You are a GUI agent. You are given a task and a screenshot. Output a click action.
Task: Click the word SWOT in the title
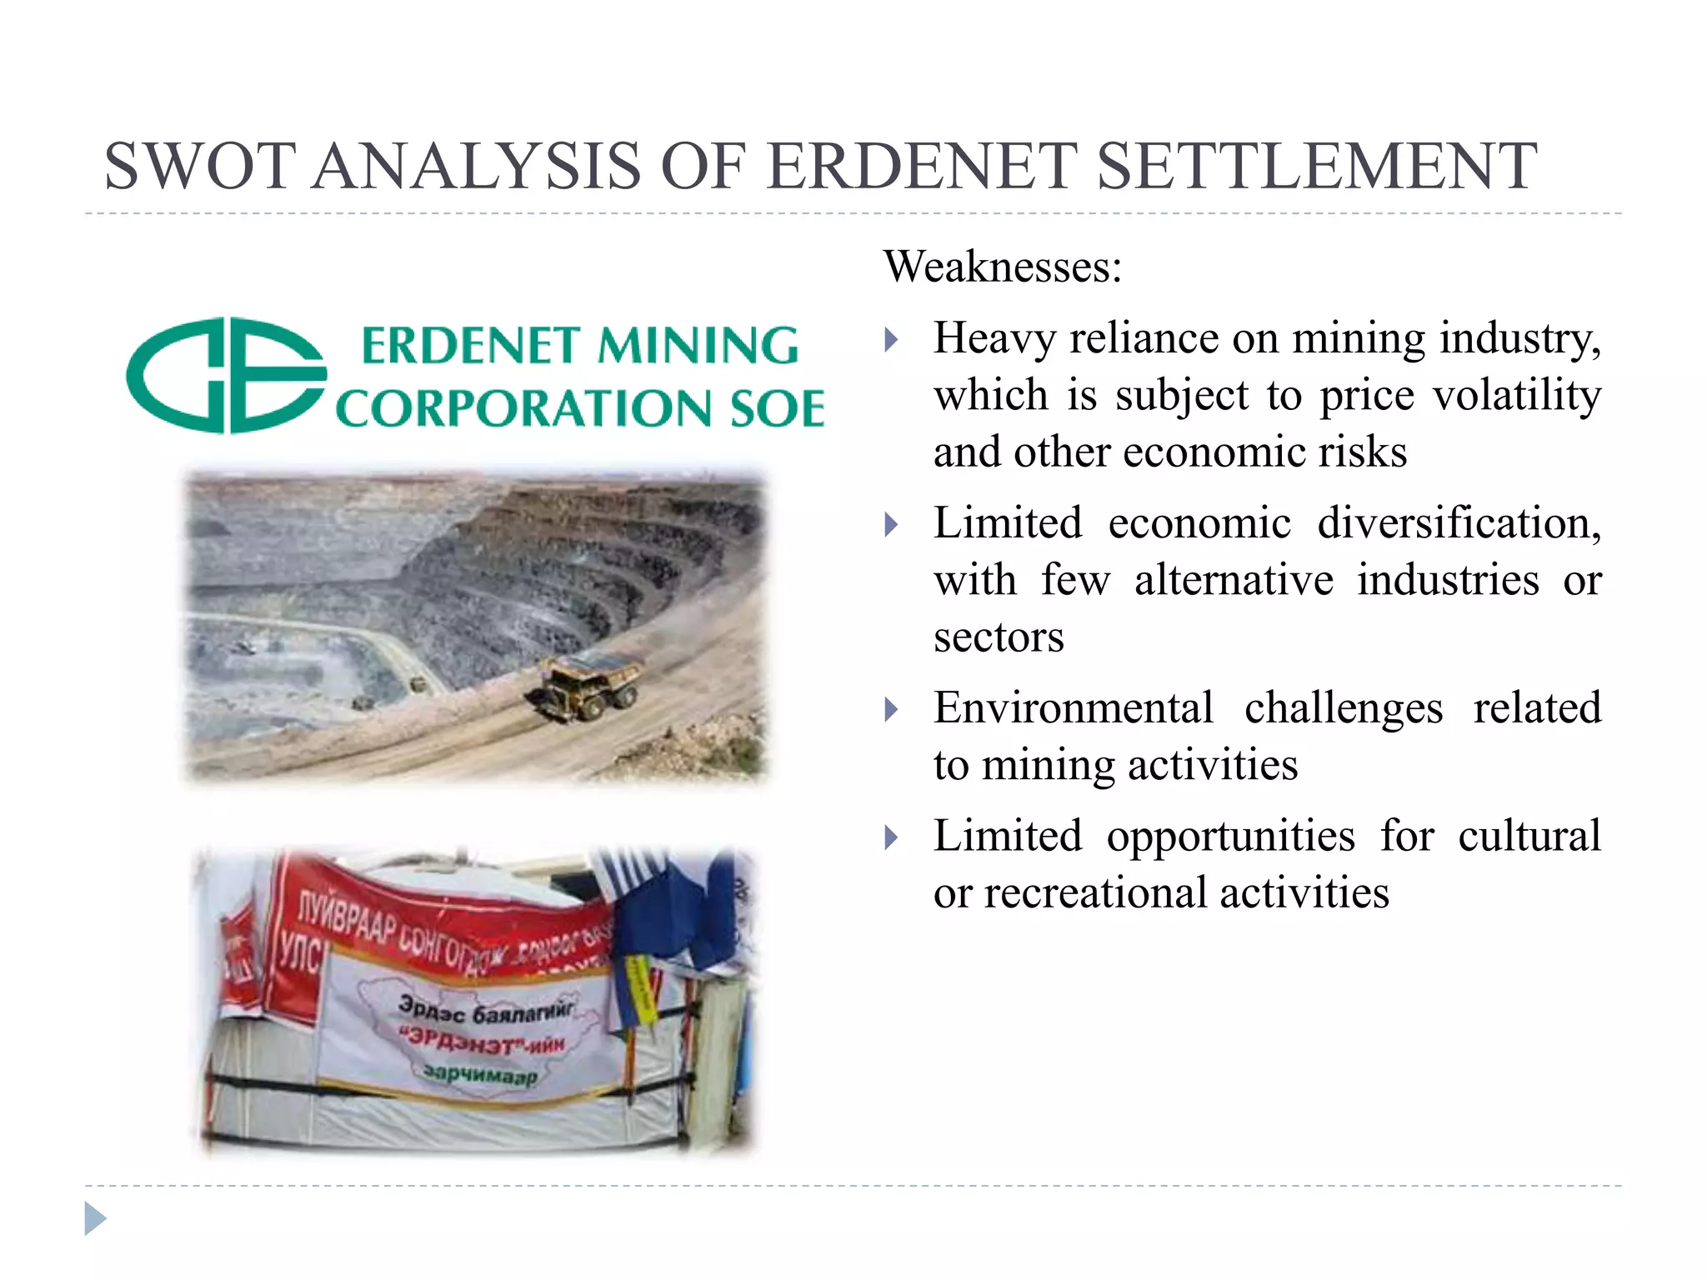coord(200,166)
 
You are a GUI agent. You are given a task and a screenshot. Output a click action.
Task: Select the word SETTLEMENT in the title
coord(1316,166)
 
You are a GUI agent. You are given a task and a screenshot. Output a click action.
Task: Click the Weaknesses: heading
coord(1003,267)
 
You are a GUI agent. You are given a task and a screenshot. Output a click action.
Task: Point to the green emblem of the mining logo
coord(225,376)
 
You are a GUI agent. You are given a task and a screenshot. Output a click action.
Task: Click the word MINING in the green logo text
coord(698,346)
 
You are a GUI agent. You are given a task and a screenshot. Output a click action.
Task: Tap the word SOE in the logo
coord(777,409)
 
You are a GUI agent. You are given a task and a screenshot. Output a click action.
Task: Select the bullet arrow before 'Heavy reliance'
coord(891,339)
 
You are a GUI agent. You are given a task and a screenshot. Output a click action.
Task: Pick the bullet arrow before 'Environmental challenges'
coord(891,709)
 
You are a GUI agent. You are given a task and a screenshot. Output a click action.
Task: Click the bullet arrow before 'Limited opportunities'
coord(891,837)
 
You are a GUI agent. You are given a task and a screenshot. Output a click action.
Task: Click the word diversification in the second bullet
coord(1459,523)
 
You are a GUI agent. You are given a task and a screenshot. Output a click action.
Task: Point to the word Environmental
coord(1073,708)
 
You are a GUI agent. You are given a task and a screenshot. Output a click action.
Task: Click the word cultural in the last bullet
coord(1529,836)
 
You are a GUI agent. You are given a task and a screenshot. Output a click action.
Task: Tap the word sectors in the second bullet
coord(999,637)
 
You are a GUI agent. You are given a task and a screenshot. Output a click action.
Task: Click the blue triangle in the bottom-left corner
coord(95,1218)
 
